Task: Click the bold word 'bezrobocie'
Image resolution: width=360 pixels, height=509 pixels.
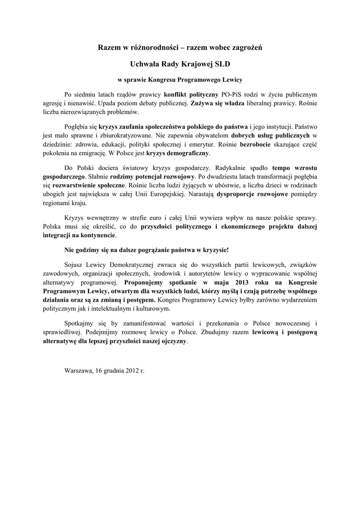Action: coord(256,144)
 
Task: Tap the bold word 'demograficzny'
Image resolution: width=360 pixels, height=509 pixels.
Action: coord(189,153)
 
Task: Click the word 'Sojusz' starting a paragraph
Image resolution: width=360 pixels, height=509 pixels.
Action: coord(74,263)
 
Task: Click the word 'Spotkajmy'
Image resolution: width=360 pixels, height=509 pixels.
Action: coord(80,324)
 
